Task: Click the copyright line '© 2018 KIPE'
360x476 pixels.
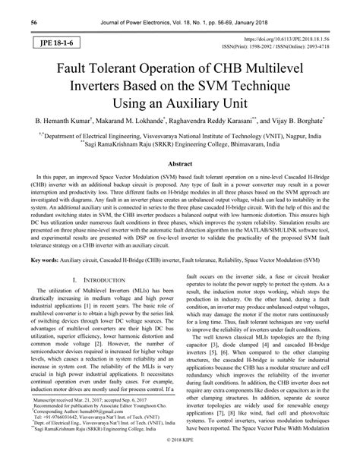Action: point(180,462)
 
